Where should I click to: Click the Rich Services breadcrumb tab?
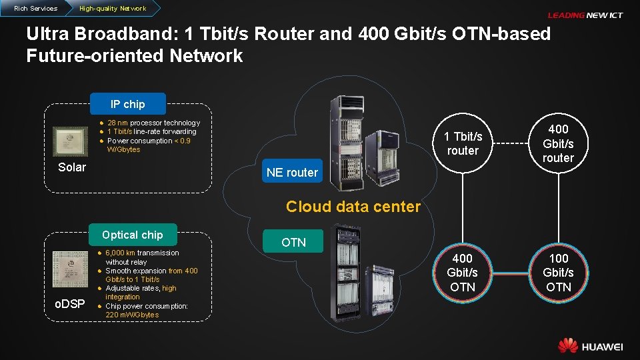click(x=35, y=8)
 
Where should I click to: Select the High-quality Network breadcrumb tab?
click(x=112, y=8)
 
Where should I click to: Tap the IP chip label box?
click(x=127, y=104)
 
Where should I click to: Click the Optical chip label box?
click(x=132, y=235)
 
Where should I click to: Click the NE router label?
click(x=292, y=173)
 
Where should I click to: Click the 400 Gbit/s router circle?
click(x=558, y=143)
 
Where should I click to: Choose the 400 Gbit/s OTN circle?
click(x=463, y=272)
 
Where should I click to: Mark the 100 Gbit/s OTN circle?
click(x=558, y=272)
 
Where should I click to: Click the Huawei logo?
click(x=591, y=345)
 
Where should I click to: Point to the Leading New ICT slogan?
click(x=585, y=15)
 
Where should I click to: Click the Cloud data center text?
click(x=353, y=207)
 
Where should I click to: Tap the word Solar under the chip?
click(x=72, y=167)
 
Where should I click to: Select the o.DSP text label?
click(x=69, y=304)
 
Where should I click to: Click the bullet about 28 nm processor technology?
click(x=153, y=123)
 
